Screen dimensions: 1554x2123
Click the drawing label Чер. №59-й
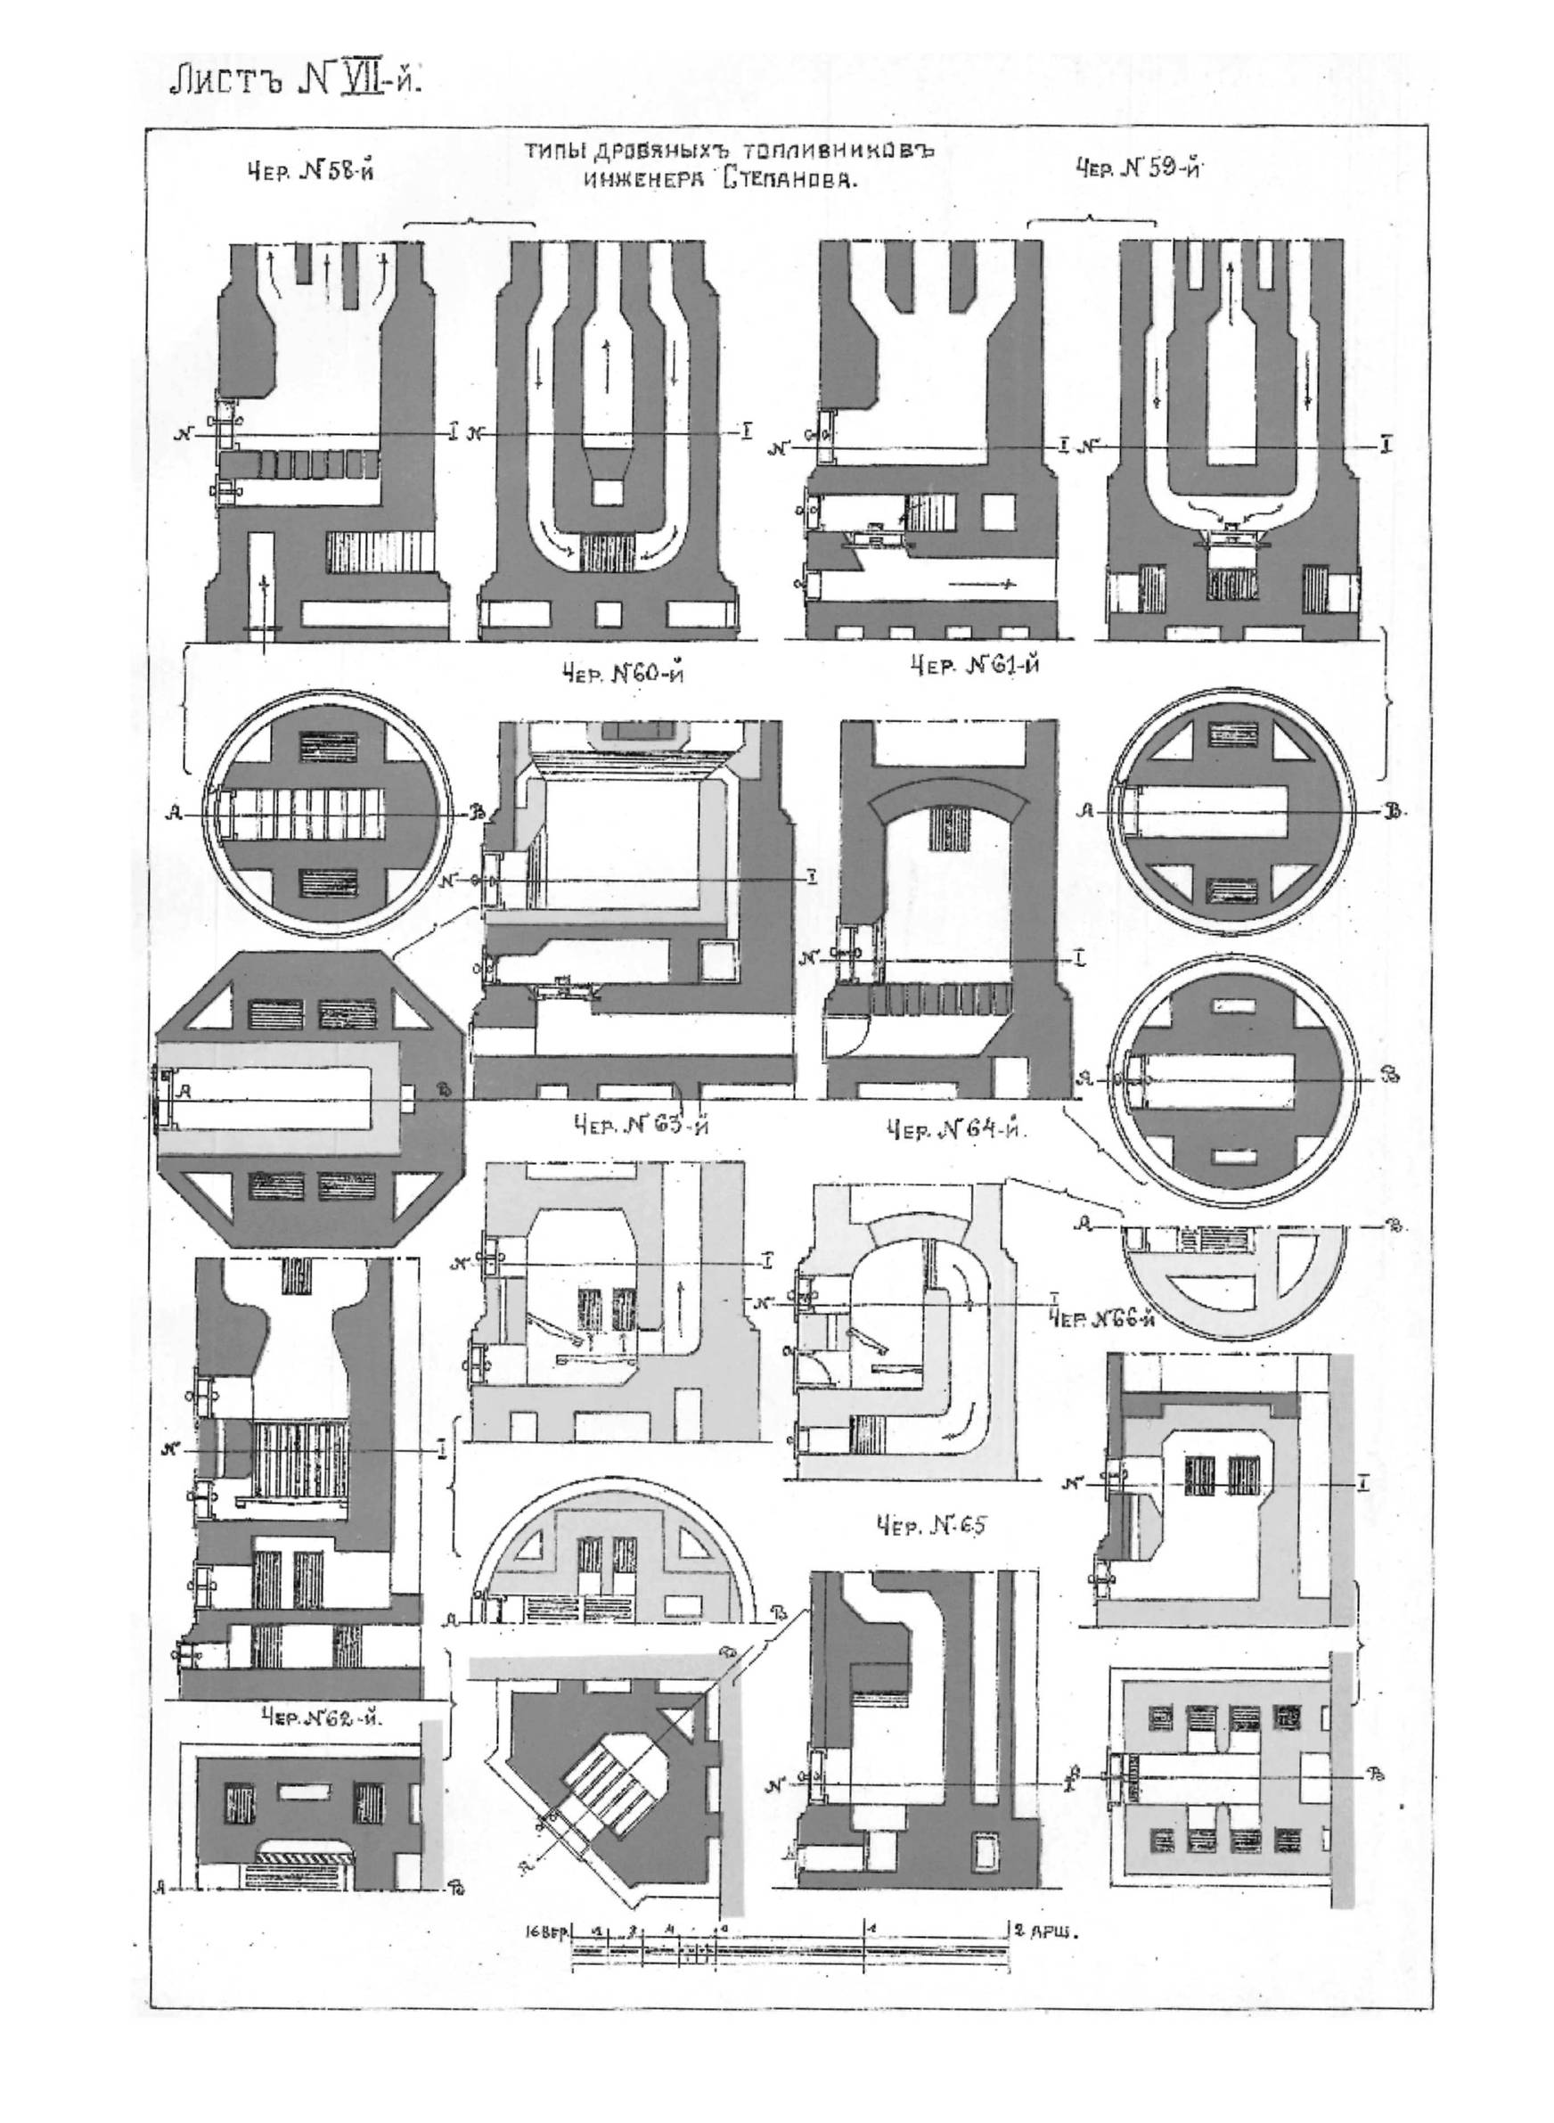pos(1141,169)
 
